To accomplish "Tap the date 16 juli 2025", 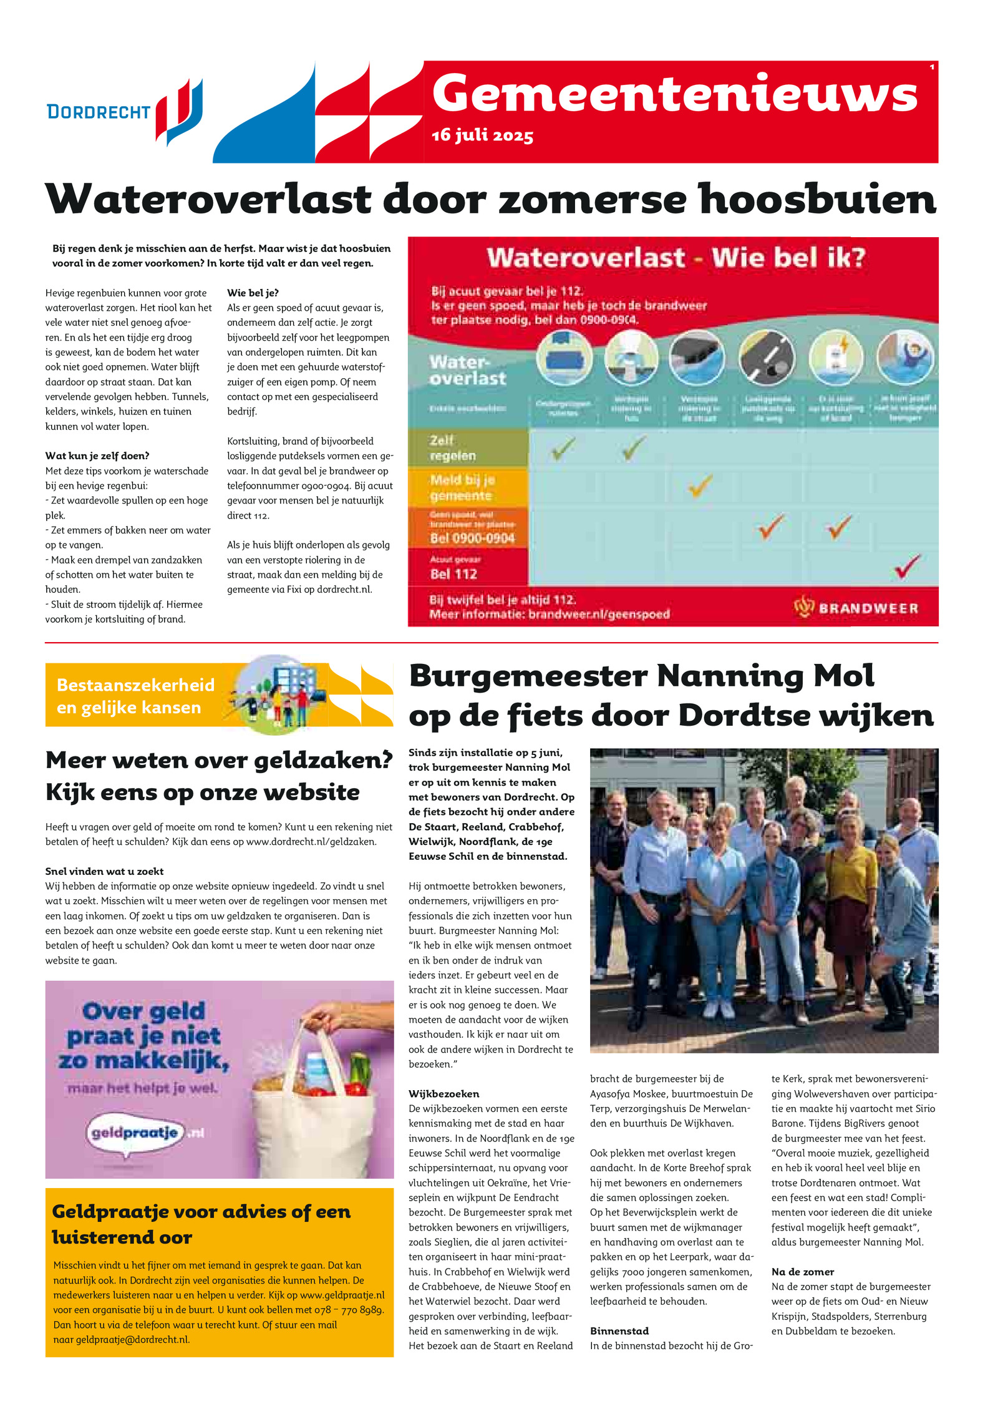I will [482, 135].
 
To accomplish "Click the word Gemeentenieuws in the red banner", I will [674, 94].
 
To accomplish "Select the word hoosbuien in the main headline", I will [817, 199].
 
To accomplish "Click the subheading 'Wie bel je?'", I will [253, 293].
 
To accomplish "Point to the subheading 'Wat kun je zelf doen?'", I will [97, 456].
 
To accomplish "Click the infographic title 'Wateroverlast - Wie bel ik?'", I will [676, 258].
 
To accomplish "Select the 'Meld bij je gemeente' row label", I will [462, 487].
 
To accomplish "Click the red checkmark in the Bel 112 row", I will [906, 565].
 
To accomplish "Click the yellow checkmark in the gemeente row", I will [700, 485].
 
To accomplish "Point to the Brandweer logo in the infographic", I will [856, 607].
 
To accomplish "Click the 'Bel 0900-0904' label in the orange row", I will [472, 538].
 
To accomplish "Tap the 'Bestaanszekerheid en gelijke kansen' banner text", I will [135, 696].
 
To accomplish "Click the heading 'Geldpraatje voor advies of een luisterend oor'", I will [201, 1224].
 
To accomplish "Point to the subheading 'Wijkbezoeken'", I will [444, 1093].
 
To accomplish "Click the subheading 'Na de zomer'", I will [802, 1271].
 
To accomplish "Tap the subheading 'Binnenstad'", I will [619, 1330].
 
